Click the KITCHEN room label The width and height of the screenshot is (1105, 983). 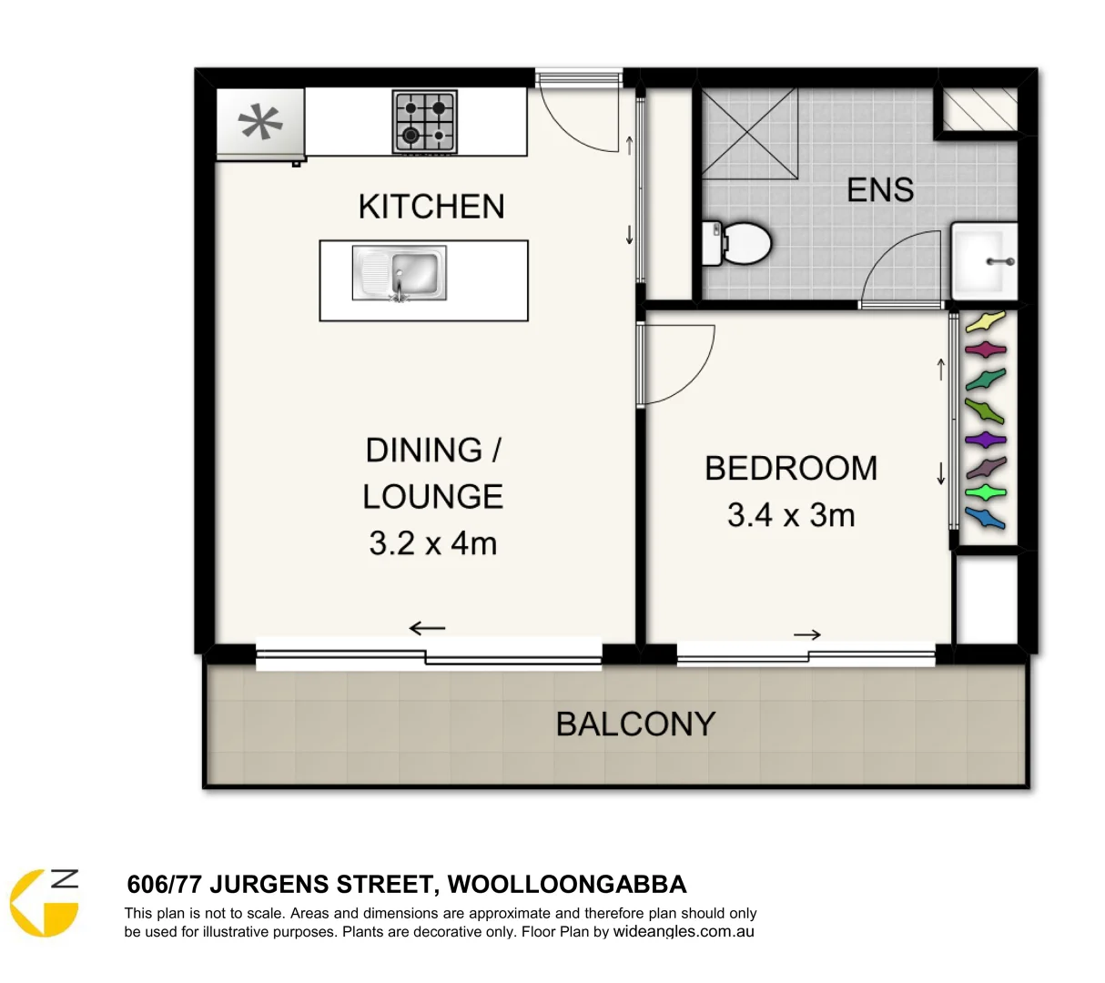(x=431, y=207)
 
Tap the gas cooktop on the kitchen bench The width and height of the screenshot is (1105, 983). (x=424, y=121)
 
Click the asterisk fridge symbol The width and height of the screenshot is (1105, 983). (x=260, y=123)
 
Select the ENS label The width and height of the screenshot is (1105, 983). (x=879, y=189)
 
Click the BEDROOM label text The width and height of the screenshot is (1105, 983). (x=791, y=468)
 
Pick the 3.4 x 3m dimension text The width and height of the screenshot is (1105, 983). (x=791, y=515)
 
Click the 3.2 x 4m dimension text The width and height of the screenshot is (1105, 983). (x=432, y=543)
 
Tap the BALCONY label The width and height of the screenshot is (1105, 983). (x=635, y=725)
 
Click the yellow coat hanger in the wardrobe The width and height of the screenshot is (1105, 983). (x=985, y=322)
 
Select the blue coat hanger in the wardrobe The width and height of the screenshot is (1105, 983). (x=985, y=519)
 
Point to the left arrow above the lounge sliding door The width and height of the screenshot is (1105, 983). (x=427, y=627)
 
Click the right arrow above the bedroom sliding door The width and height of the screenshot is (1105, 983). (x=807, y=634)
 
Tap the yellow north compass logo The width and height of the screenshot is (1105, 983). (x=45, y=902)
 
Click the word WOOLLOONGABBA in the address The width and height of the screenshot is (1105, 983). (x=567, y=884)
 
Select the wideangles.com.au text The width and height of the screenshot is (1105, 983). (x=684, y=931)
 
